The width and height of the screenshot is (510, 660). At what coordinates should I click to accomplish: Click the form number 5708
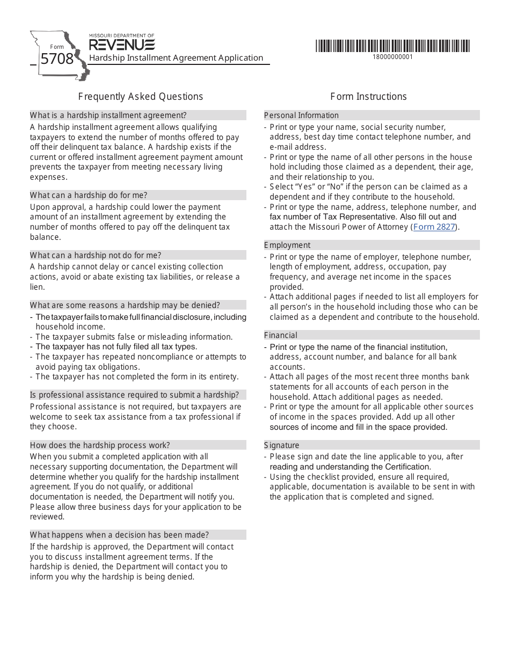(x=57, y=58)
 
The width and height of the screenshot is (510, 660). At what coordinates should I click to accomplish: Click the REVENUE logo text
(x=122, y=45)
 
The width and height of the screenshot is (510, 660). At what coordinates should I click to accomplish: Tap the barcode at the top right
(x=392, y=46)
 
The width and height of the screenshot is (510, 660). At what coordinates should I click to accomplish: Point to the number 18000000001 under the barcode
(x=393, y=57)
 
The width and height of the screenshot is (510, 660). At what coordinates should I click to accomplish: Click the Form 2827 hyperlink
(x=435, y=227)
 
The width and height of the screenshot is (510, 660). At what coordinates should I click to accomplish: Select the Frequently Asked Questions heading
(x=141, y=97)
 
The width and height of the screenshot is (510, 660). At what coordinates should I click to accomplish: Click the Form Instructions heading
(x=368, y=97)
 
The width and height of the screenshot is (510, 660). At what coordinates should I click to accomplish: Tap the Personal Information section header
(x=301, y=115)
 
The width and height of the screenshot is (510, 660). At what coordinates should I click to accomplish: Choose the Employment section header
(x=287, y=245)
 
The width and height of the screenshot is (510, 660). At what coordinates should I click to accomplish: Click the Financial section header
(x=280, y=335)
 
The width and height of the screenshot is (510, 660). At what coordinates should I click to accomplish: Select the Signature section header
(x=281, y=445)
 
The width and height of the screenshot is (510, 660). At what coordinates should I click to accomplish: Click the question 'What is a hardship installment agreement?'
(x=108, y=115)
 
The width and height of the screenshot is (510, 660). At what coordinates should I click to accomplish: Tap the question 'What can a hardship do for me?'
(x=89, y=195)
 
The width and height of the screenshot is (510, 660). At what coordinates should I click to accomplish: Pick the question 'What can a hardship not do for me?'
(x=96, y=255)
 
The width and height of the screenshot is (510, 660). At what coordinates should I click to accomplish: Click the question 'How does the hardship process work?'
(x=100, y=445)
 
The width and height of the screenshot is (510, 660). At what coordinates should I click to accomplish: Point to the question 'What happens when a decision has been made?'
(x=119, y=535)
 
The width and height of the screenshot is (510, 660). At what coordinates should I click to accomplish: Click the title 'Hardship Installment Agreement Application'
(x=176, y=58)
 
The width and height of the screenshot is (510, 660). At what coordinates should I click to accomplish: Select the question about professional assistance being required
(x=134, y=395)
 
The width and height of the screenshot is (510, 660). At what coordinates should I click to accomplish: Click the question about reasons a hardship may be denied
(x=125, y=305)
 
